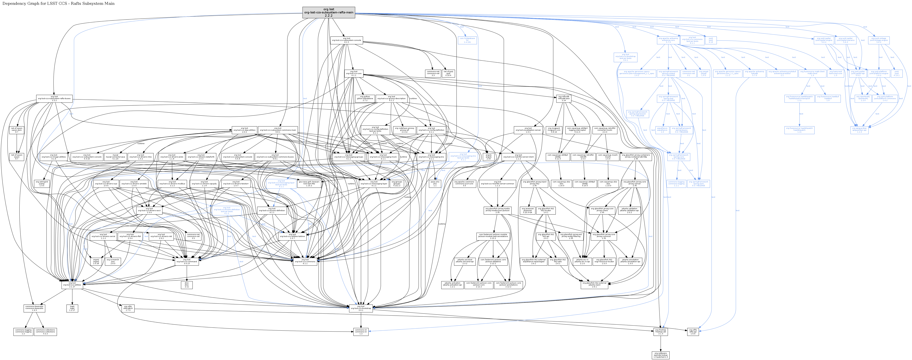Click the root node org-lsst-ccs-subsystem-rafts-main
[329, 12]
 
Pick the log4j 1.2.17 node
[72, 308]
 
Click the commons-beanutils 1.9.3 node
[34, 308]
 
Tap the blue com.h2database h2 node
[467, 40]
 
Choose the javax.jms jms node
[435, 184]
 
